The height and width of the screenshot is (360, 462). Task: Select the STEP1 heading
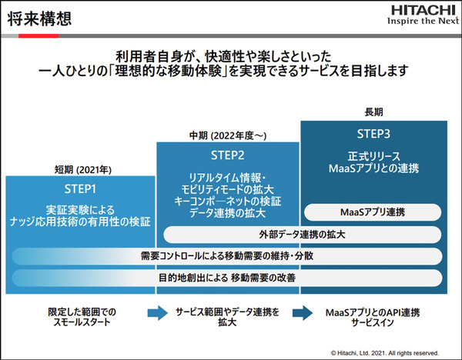80,188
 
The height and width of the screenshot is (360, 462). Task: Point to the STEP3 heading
373,132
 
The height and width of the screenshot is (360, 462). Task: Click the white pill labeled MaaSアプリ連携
373,211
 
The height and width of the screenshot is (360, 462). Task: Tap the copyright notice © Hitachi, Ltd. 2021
384,352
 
